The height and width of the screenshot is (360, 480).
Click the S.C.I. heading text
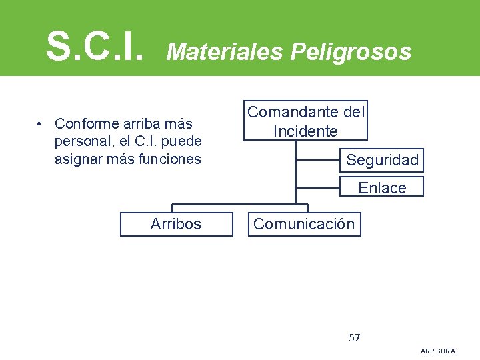click(94, 45)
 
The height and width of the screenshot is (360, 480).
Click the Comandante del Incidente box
click(306, 121)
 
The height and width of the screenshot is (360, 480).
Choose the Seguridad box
click(382, 160)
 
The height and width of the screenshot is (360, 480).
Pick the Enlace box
click(382, 187)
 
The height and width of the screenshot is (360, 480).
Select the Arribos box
click(176, 224)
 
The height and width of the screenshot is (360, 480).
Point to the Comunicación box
click(304, 224)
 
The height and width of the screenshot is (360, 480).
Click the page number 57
click(355, 337)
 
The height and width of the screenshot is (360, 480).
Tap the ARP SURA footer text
click(438, 351)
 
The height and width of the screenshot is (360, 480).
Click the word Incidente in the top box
click(305, 131)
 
